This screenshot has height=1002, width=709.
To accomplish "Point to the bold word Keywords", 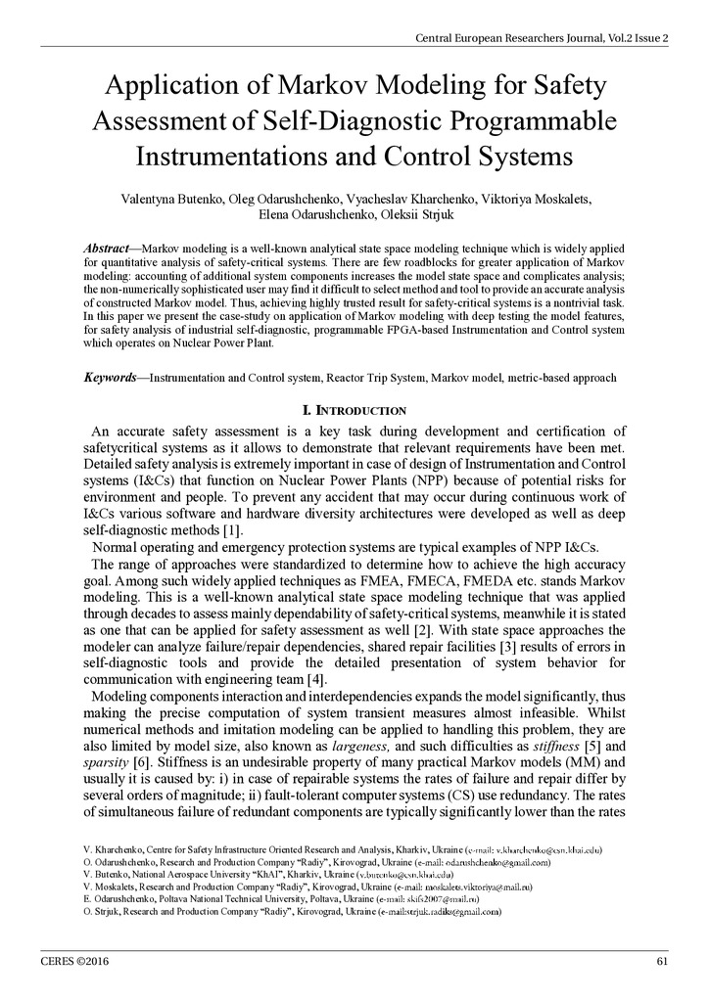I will pos(110,377).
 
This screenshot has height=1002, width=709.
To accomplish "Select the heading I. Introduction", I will pos(354,409).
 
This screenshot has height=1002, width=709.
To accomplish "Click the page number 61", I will pos(662,961).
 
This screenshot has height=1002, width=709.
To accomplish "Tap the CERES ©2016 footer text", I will pos(74,961).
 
